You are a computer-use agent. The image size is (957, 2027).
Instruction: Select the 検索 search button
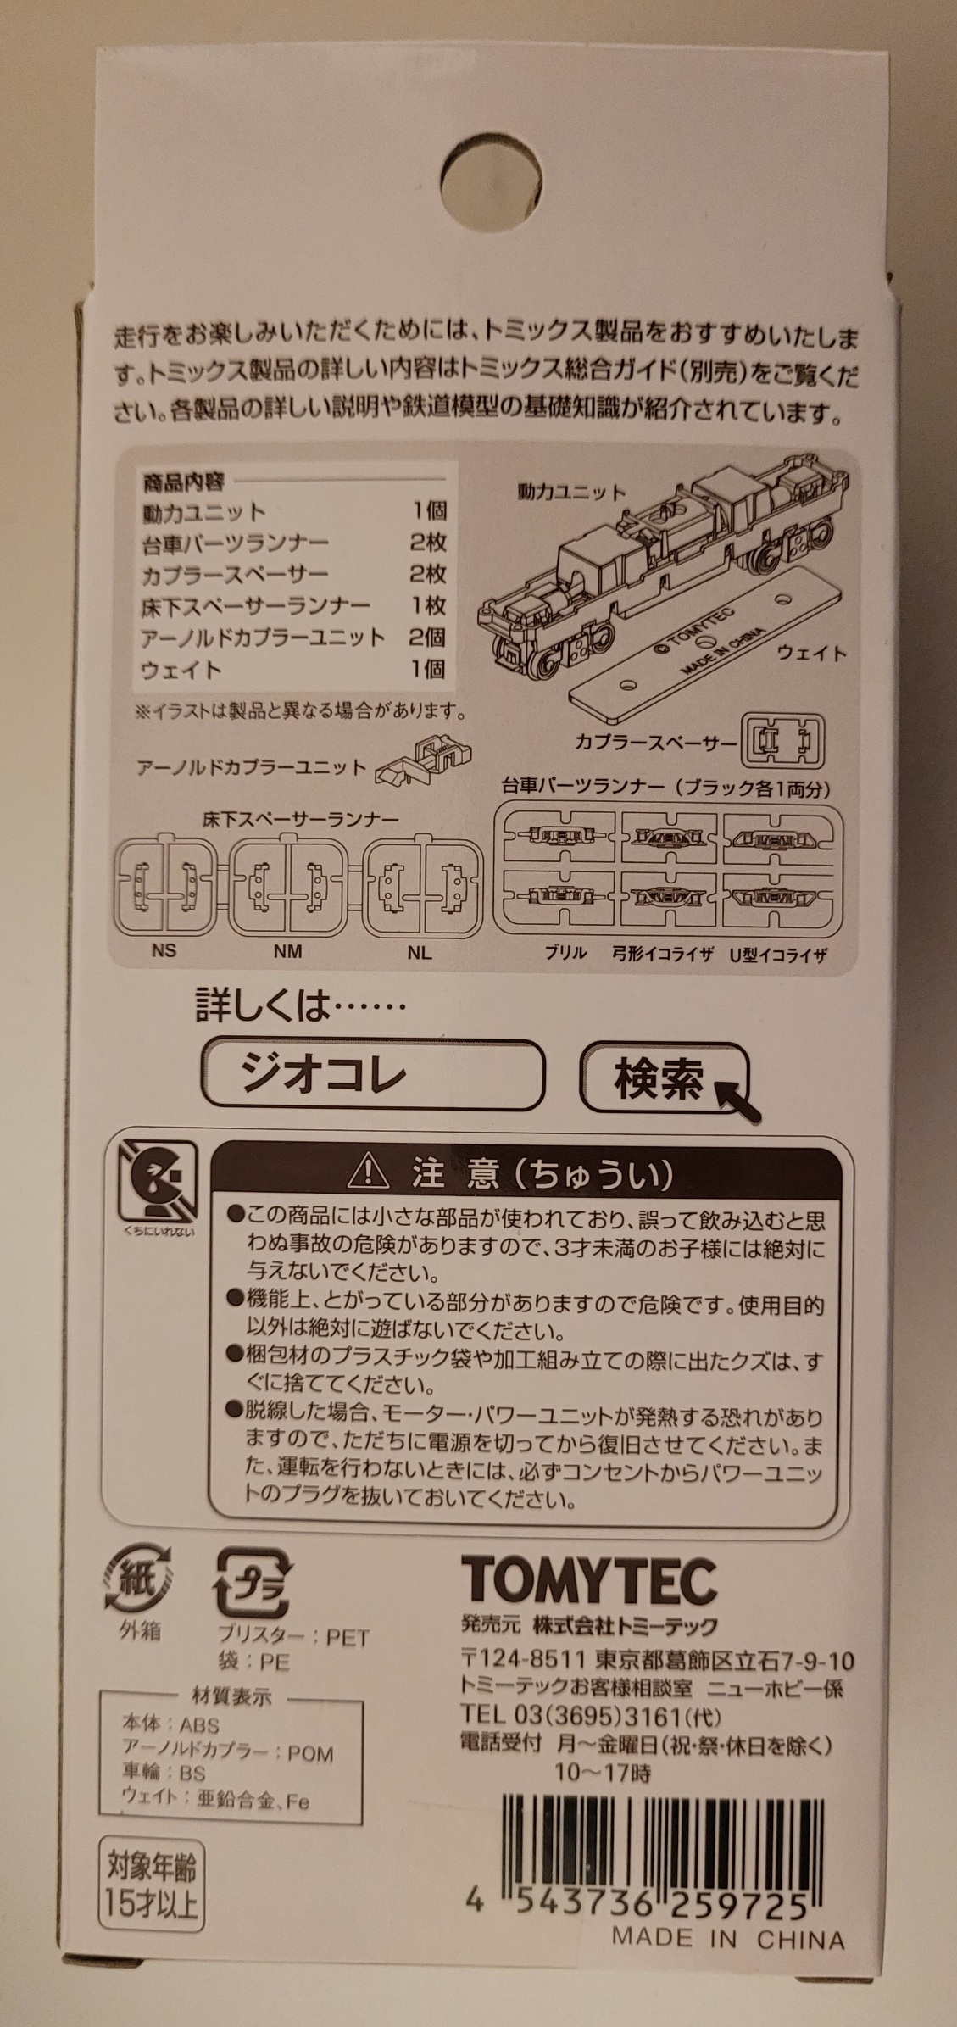coord(665,1077)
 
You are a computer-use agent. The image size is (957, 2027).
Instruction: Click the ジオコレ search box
coord(372,1075)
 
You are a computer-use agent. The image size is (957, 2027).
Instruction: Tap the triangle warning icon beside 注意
coord(368,1174)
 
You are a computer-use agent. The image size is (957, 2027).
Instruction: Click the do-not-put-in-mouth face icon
coord(159,1178)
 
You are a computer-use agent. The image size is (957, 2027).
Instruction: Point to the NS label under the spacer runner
coord(164,950)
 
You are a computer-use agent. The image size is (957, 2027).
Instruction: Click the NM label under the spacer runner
coord(288,951)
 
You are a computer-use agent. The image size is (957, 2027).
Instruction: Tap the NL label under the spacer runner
coord(419,952)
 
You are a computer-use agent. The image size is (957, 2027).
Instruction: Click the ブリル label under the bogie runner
coord(565,953)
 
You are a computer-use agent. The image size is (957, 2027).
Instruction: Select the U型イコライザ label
coord(779,955)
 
